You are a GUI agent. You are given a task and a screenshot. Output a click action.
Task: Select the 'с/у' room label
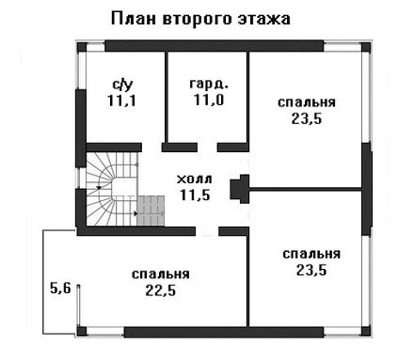[x=122, y=85]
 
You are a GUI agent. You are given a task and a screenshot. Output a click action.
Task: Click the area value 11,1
[x=121, y=101]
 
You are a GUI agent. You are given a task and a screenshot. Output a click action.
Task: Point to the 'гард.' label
[x=209, y=84]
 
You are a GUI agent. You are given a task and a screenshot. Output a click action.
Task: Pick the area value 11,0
[x=209, y=100]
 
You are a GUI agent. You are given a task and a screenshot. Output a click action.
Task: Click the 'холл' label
[x=195, y=180]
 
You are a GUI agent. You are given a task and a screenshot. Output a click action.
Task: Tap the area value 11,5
[x=195, y=195]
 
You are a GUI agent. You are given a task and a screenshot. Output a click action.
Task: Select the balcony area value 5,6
[x=60, y=288]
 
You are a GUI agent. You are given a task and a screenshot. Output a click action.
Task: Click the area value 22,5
[x=161, y=290]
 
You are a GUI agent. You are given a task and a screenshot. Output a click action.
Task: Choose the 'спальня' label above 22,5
[x=161, y=274]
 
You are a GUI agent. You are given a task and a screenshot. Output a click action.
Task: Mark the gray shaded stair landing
[x=151, y=211]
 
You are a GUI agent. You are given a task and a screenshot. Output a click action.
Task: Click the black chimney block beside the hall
[x=240, y=189]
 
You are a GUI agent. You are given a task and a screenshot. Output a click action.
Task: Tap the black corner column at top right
[x=366, y=47]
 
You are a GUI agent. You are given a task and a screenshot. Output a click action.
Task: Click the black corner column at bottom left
[x=82, y=332]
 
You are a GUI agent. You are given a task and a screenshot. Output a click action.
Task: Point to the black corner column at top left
[x=82, y=47]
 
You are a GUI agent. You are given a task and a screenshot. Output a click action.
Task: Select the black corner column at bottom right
[x=366, y=331]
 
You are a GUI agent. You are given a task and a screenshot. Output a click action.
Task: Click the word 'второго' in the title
[x=197, y=20]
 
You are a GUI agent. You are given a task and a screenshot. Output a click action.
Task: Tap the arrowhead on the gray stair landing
[x=135, y=213]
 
